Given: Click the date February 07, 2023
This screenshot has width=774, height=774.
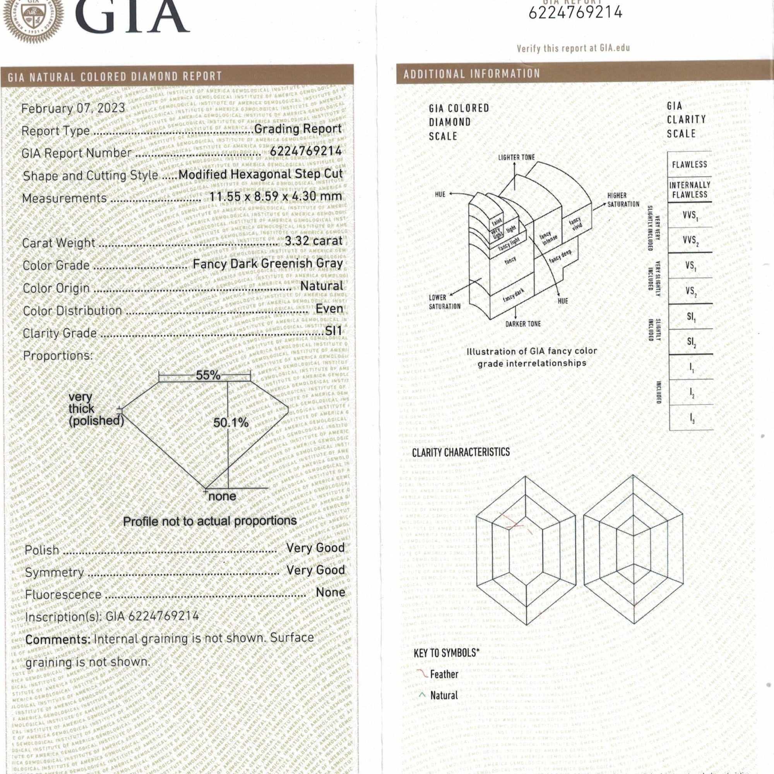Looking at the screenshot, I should pyautogui.click(x=73, y=108).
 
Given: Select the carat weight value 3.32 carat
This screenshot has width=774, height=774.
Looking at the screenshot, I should pyautogui.click(x=314, y=241).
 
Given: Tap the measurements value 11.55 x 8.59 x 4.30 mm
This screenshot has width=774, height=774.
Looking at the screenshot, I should pyautogui.click(x=276, y=196).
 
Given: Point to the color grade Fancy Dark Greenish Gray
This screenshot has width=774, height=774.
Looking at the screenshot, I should pyautogui.click(x=268, y=263).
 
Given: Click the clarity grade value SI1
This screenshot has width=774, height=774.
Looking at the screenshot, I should pyautogui.click(x=333, y=331).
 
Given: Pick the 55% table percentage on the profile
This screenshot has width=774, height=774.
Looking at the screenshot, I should pyautogui.click(x=208, y=375).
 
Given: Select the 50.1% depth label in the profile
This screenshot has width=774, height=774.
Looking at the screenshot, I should pyautogui.click(x=231, y=423).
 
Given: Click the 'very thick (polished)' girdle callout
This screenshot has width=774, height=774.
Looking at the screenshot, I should pyautogui.click(x=95, y=409).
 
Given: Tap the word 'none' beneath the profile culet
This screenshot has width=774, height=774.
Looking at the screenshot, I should pyautogui.click(x=223, y=497).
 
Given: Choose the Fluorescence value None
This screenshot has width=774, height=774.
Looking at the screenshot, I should pyautogui.click(x=330, y=592).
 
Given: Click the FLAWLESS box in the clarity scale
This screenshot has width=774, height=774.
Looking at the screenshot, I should pyautogui.click(x=690, y=164).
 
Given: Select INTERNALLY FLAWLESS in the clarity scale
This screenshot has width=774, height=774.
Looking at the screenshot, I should pyautogui.click(x=690, y=190).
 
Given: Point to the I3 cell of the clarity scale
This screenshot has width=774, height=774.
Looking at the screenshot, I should pyautogui.click(x=692, y=418).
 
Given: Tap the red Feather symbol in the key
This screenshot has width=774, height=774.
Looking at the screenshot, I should pyautogui.click(x=422, y=674).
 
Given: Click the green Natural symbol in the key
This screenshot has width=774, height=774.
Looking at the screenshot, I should pyautogui.click(x=422, y=695).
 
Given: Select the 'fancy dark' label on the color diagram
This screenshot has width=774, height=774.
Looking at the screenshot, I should pyautogui.click(x=514, y=295).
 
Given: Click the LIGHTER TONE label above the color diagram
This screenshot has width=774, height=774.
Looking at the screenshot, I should pyautogui.click(x=516, y=158).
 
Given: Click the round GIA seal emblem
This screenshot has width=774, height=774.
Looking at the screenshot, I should pyautogui.click(x=33, y=18).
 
